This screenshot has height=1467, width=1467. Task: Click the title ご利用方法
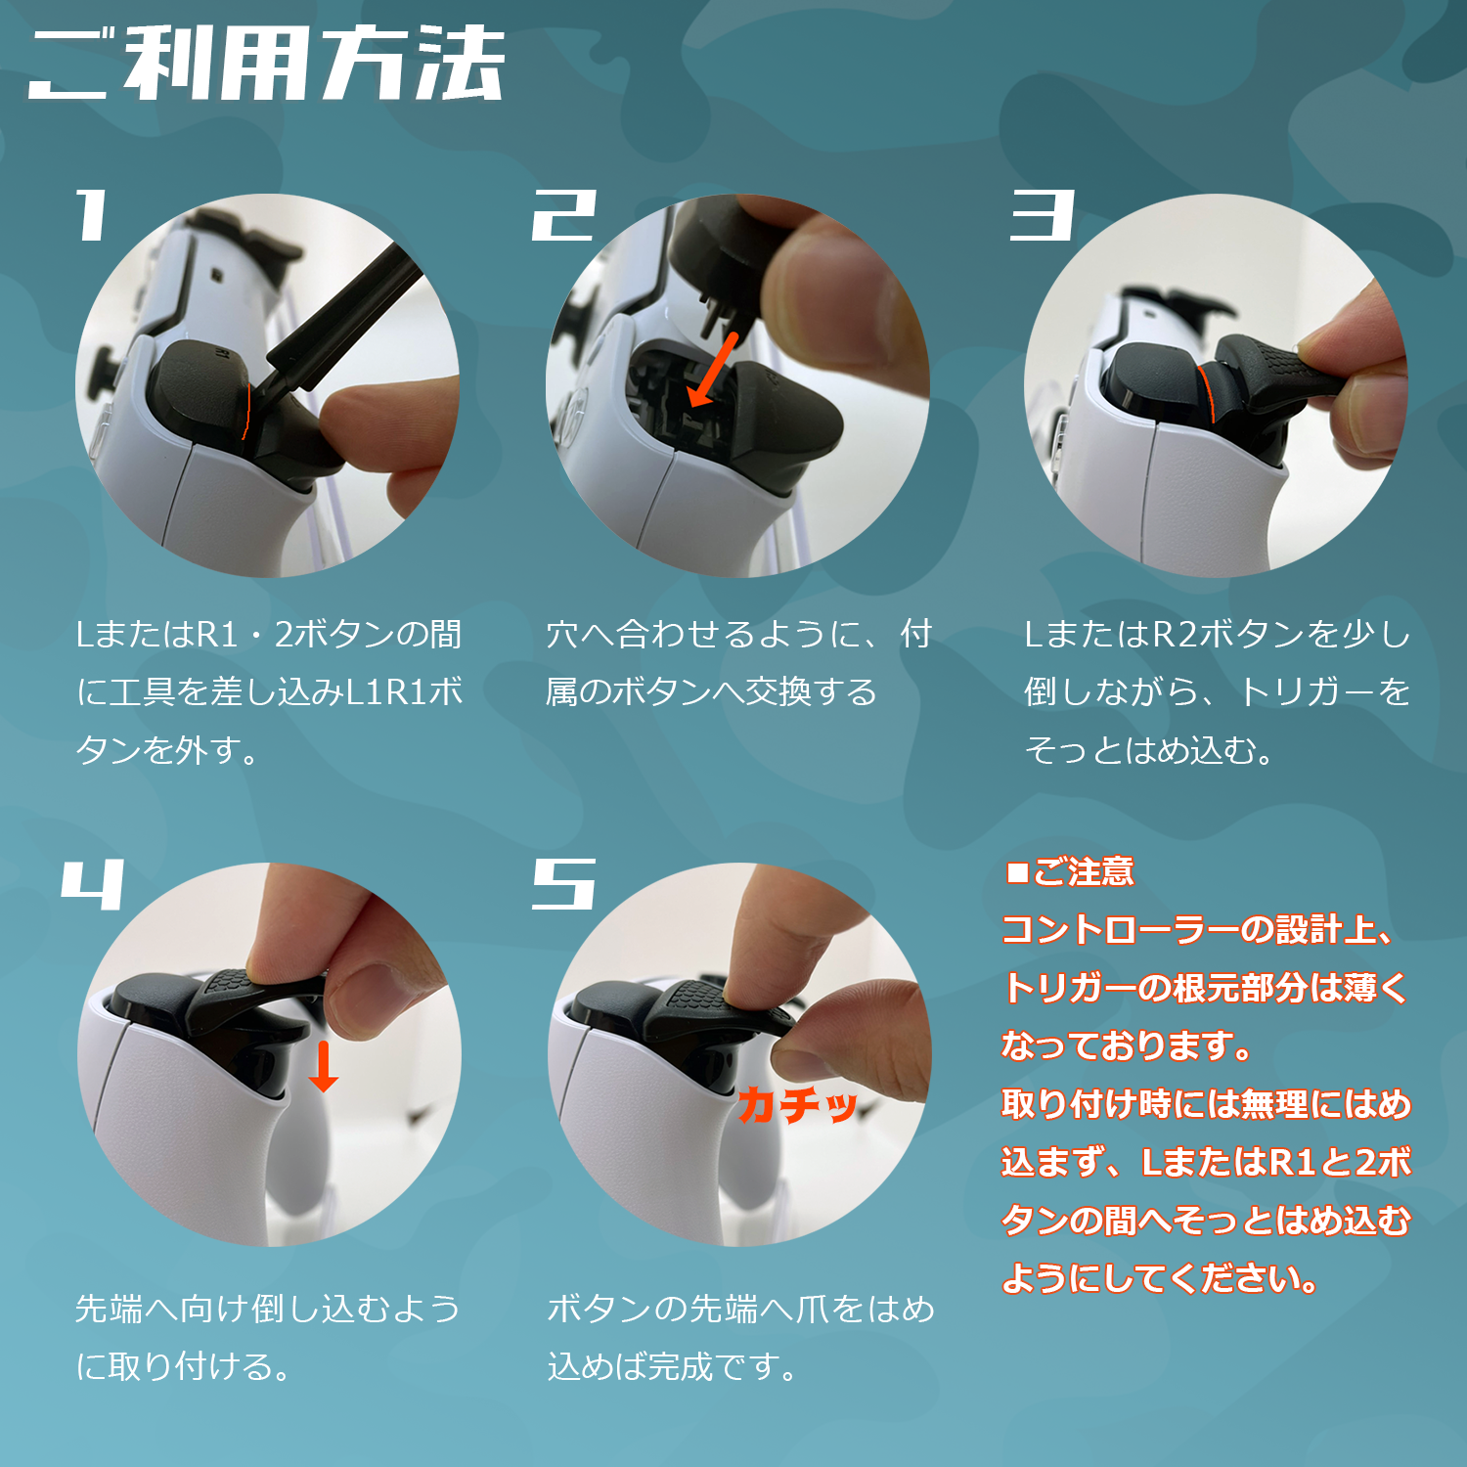click(266, 64)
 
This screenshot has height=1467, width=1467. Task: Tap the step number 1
click(92, 215)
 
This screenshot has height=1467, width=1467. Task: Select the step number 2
click(564, 215)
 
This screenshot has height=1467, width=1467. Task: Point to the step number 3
click(1043, 215)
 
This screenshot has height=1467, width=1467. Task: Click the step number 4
click(93, 884)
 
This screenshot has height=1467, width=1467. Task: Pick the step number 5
click(564, 884)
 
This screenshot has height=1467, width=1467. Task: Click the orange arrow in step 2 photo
click(713, 370)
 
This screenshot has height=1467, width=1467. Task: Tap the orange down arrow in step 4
click(323, 1066)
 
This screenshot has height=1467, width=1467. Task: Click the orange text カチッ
click(798, 1105)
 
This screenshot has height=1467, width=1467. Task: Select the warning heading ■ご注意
click(1070, 871)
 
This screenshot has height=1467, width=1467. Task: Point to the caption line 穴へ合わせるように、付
click(738, 634)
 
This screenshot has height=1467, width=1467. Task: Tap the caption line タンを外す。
click(167, 750)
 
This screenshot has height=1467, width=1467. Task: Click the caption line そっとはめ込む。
click(1149, 750)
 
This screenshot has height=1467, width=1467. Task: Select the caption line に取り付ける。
click(184, 1366)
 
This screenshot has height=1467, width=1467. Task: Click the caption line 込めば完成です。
click(673, 1366)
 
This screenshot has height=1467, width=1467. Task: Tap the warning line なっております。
click(1127, 1045)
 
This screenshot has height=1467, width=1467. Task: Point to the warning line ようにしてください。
click(1161, 1278)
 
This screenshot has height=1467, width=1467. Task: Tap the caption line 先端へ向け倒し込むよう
click(268, 1309)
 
